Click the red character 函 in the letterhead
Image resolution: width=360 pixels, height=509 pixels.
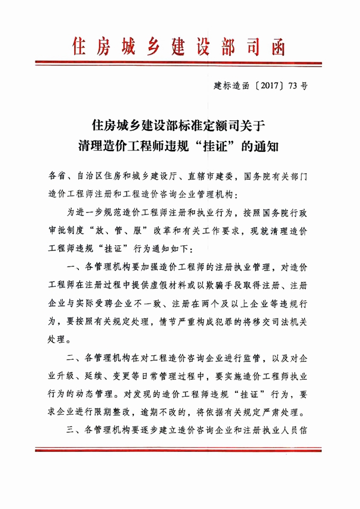(x=273, y=47)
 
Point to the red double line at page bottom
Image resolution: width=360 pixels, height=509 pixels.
(x=180, y=450)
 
